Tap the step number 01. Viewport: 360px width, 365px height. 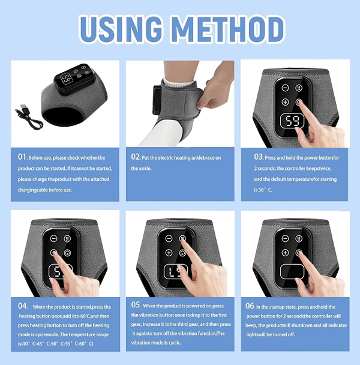(x=23, y=157)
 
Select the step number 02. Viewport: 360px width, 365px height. (x=136, y=157)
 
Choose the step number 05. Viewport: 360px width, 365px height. (x=136, y=305)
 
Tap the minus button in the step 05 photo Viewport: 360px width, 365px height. (x=169, y=253)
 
